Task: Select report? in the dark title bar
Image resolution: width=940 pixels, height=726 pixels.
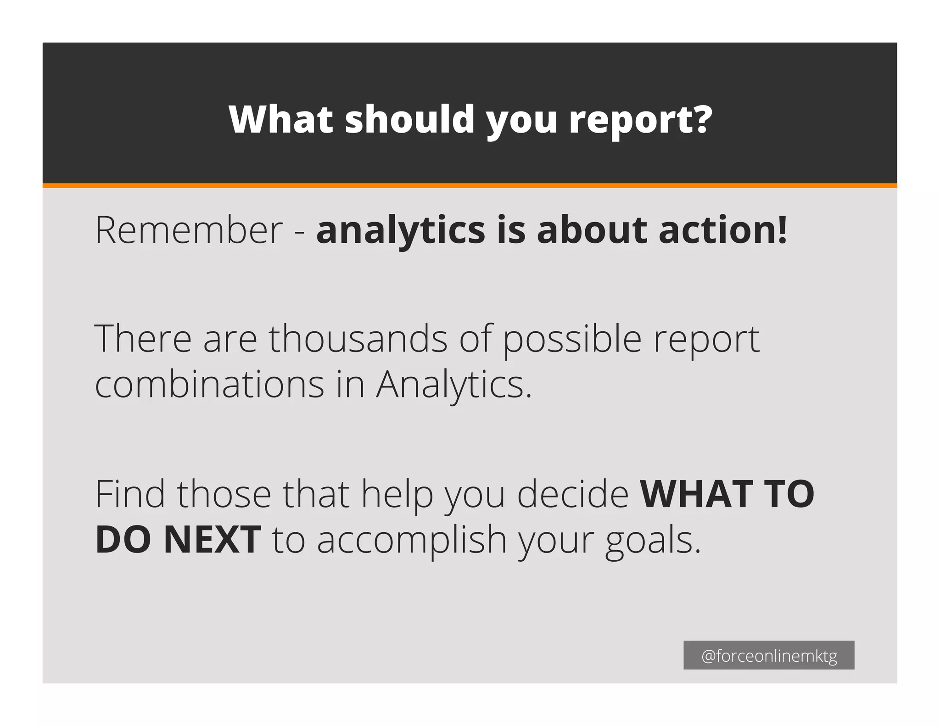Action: pyautogui.click(x=641, y=120)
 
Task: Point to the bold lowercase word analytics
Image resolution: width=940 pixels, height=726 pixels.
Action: pyautogui.click(x=400, y=230)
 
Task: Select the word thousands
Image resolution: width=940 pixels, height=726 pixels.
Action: pyautogui.click(x=358, y=339)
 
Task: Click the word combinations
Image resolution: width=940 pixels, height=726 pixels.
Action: pyautogui.click(x=210, y=384)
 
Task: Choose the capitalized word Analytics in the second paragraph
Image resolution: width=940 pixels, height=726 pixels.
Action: pyautogui.click(x=453, y=385)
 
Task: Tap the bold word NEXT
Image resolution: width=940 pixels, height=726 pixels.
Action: pyautogui.click(x=212, y=540)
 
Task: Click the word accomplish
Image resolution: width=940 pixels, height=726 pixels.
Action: pyautogui.click(x=412, y=541)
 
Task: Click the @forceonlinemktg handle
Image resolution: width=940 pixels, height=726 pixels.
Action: pyautogui.click(x=769, y=656)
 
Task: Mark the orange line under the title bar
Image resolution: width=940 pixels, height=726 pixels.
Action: pyautogui.click(x=470, y=185)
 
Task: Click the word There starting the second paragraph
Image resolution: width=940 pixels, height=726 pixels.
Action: pyautogui.click(x=143, y=339)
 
